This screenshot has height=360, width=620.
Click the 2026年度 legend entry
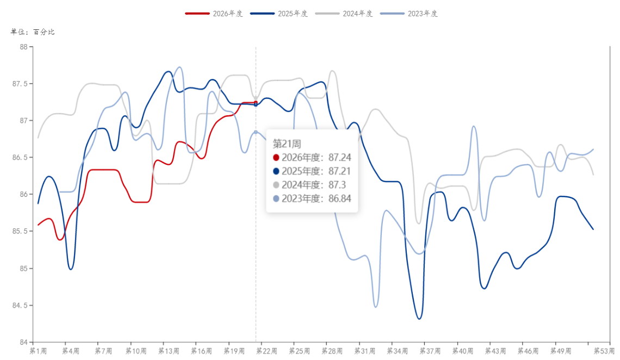(x=214, y=14)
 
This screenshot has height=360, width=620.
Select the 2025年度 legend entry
(x=279, y=14)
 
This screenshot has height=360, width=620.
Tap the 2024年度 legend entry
(x=344, y=14)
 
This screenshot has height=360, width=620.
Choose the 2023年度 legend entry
(x=409, y=14)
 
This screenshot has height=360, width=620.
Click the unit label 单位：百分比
(x=33, y=32)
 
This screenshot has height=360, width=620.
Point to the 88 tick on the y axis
(x=24, y=47)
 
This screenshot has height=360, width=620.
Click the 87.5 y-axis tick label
(x=20, y=84)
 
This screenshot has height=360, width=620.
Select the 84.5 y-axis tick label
(x=20, y=306)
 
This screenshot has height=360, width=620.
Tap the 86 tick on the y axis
(x=24, y=195)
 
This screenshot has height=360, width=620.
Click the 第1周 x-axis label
(x=38, y=351)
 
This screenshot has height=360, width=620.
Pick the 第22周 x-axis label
(x=266, y=351)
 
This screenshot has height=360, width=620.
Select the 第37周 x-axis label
(x=430, y=351)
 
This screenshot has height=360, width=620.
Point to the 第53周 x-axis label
(x=604, y=351)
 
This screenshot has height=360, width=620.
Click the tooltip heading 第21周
(x=287, y=144)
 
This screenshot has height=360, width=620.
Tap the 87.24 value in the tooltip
(x=340, y=158)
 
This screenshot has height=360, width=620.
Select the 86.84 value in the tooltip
(x=340, y=199)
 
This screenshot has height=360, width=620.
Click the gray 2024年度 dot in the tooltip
(x=276, y=185)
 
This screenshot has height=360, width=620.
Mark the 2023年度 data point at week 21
(x=256, y=132)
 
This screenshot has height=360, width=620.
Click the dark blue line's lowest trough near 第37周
(x=419, y=319)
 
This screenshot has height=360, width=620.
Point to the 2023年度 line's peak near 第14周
(x=179, y=67)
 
